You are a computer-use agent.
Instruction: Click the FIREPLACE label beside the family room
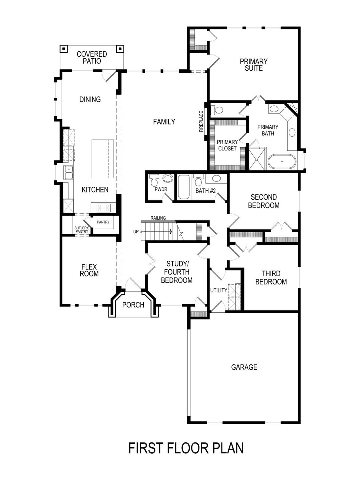click(201, 121)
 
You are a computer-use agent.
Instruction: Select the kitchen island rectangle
click(103, 159)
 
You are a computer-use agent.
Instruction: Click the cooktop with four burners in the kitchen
click(103, 208)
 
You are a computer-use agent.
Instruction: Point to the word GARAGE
click(244, 367)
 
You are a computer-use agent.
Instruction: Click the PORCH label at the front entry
click(133, 305)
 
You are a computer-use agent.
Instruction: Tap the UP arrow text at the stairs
click(136, 232)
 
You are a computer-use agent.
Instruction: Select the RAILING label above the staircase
click(158, 218)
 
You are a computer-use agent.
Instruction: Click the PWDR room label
click(161, 190)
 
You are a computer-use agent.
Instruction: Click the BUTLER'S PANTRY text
click(82, 230)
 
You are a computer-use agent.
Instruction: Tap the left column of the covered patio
click(64, 49)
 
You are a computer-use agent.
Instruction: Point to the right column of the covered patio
click(120, 49)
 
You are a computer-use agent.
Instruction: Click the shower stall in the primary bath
click(257, 159)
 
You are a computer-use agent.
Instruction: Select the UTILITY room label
click(219, 290)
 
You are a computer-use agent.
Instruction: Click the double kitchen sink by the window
click(68, 172)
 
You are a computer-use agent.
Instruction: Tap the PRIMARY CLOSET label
click(227, 145)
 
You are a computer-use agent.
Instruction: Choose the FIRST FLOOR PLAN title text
click(186, 448)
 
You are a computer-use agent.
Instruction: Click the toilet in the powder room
click(154, 180)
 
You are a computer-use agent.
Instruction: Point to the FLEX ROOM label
click(89, 270)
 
